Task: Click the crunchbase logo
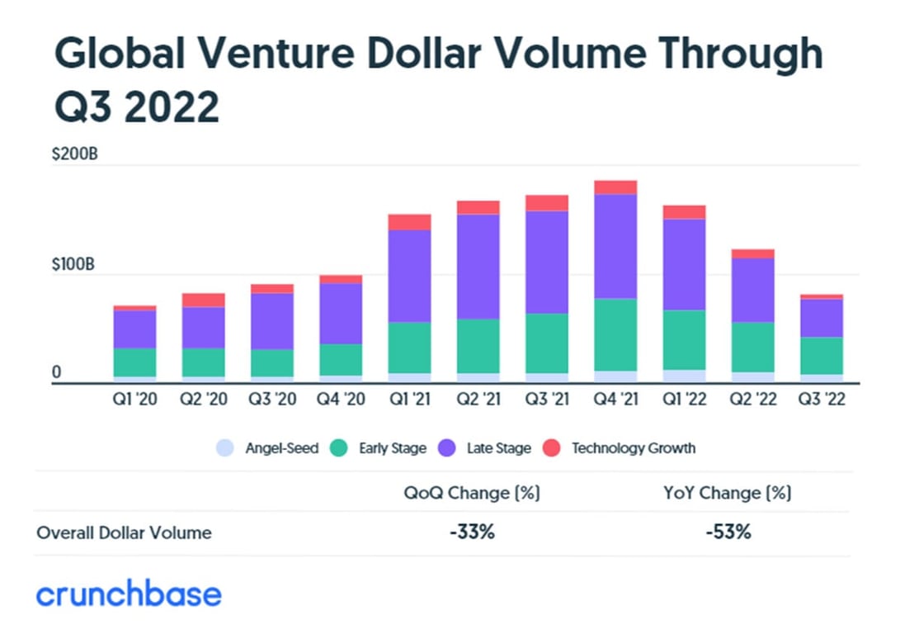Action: tap(129, 594)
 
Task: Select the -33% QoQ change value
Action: tap(472, 532)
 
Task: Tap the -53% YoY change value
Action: tap(728, 532)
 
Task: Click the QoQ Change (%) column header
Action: tap(472, 493)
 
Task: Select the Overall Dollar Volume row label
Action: tap(124, 532)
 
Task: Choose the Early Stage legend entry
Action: tap(379, 448)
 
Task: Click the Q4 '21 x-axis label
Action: tap(615, 399)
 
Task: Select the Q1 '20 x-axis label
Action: tap(134, 399)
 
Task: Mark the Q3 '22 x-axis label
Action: tap(821, 399)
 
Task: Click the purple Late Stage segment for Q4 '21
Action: tap(615, 246)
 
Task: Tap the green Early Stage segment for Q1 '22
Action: tap(684, 339)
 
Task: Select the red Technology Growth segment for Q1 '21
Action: tap(409, 221)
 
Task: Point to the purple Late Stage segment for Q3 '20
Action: tap(272, 320)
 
